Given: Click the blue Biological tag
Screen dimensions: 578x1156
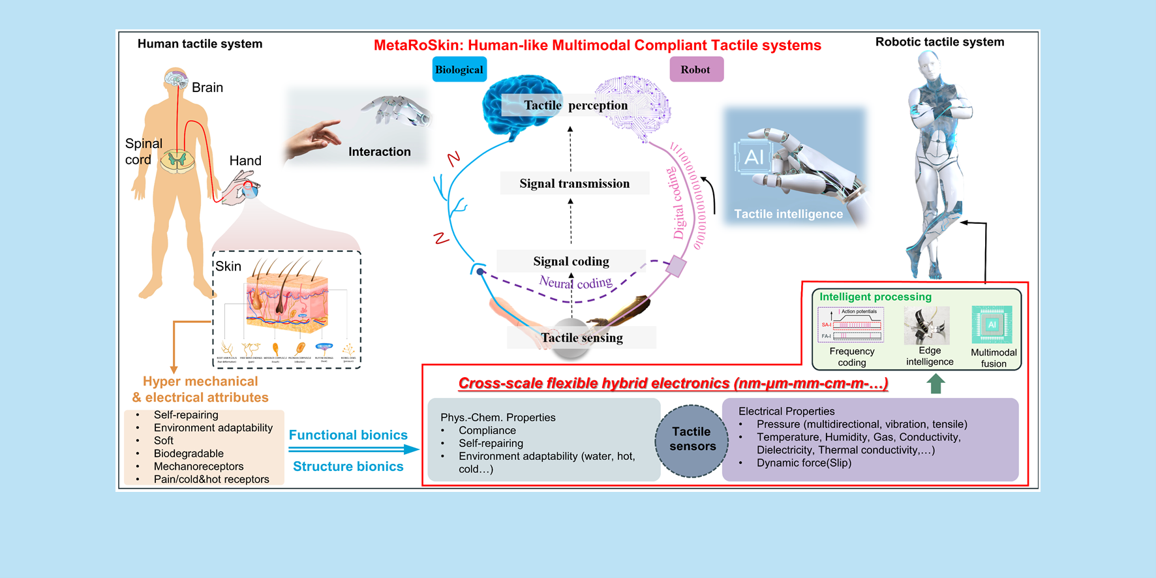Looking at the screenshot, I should pyautogui.click(x=459, y=70).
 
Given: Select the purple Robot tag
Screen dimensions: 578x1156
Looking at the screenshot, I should pyautogui.click(x=696, y=70).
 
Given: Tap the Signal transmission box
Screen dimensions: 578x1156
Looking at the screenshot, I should pyautogui.click(x=574, y=183).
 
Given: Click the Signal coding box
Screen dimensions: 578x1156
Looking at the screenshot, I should pyautogui.click(x=571, y=261).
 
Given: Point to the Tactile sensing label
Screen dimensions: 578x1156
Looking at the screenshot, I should pyautogui.click(x=581, y=337).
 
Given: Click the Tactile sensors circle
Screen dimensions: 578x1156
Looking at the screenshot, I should pyautogui.click(x=692, y=439).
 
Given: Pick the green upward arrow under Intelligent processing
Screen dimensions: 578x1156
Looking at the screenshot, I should pyautogui.click(x=935, y=384).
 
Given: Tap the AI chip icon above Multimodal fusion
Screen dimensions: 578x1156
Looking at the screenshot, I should pyautogui.click(x=992, y=325).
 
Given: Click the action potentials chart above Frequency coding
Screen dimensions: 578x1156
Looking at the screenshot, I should pyautogui.click(x=851, y=325).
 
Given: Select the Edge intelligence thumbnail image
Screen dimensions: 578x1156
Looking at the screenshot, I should pyautogui.click(x=926, y=326).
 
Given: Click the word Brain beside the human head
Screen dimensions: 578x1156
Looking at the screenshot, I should pyautogui.click(x=207, y=87).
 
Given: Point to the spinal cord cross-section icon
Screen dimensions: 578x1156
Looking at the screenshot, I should pyautogui.click(x=177, y=159).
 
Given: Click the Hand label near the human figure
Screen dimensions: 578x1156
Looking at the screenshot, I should pyautogui.click(x=245, y=160).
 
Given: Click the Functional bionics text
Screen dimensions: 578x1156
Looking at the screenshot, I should pyautogui.click(x=348, y=435).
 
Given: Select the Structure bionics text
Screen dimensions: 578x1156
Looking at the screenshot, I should pyautogui.click(x=348, y=466).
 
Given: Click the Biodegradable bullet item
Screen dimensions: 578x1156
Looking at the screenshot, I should pyautogui.click(x=189, y=453).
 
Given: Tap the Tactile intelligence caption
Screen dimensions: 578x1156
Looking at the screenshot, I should pyautogui.click(x=788, y=214).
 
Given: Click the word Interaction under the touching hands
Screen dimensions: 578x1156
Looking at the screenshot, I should pyautogui.click(x=379, y=152).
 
